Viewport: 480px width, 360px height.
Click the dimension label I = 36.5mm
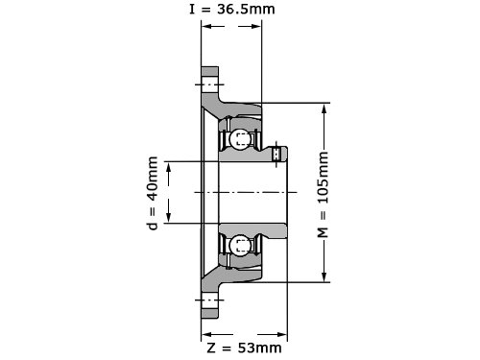coord(232,9)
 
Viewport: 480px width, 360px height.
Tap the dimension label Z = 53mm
coord(244,348)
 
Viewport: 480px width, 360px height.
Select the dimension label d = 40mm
coord(153,193)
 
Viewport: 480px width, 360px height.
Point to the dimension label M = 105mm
coord(324,195)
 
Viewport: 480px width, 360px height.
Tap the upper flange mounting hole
coord(210,84)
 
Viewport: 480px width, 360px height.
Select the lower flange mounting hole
coord(210,300)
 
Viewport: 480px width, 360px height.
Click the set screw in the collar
coord(276,155)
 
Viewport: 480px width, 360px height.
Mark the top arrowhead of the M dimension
coord(324,109)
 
